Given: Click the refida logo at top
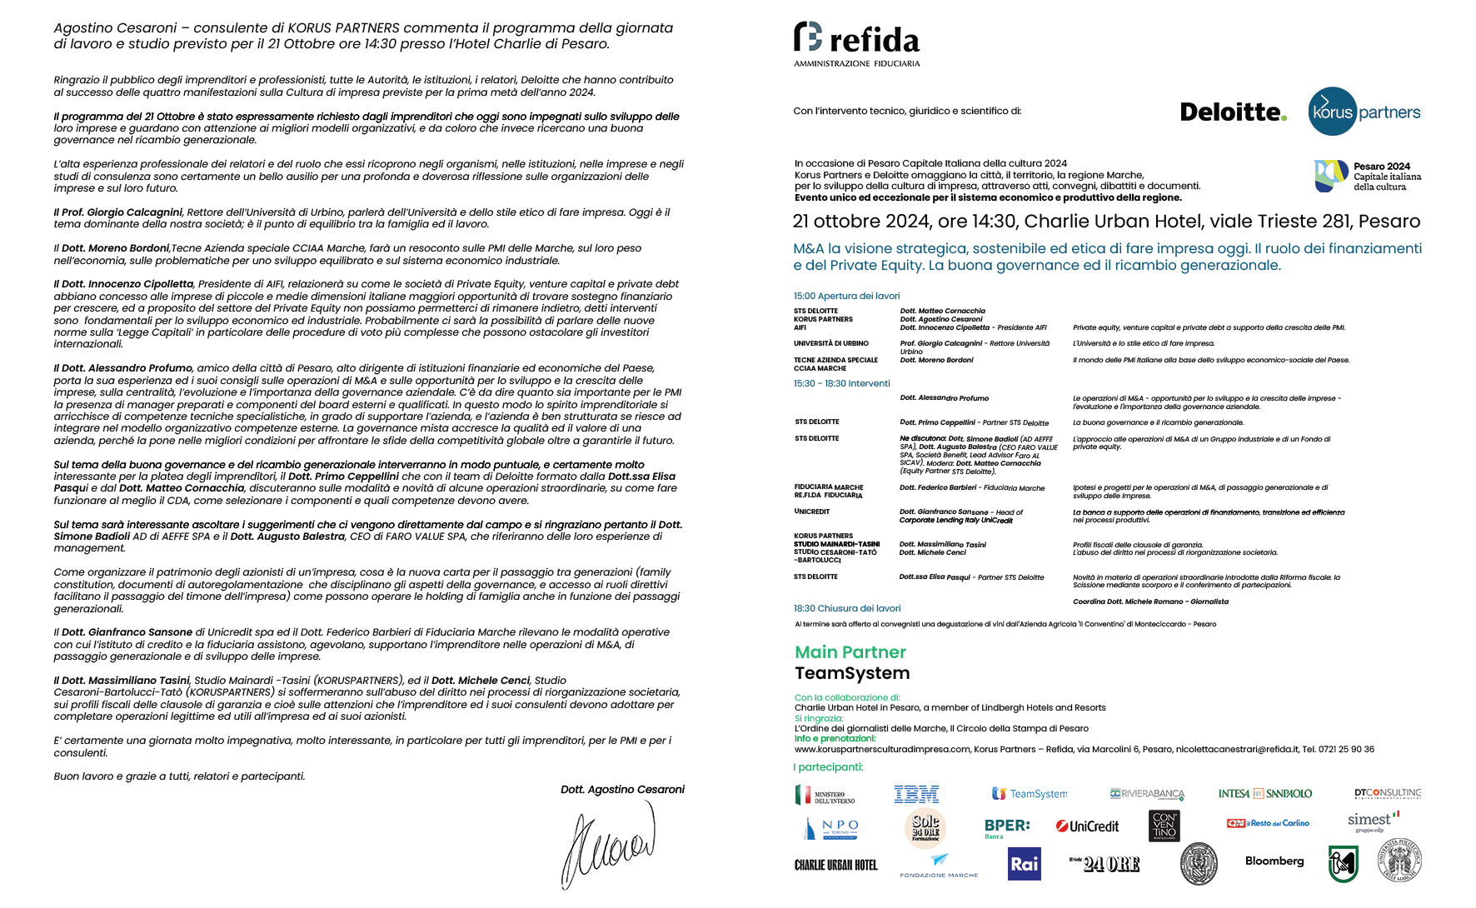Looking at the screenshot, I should click(856, 43).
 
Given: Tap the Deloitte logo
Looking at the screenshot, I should click(1233, 112).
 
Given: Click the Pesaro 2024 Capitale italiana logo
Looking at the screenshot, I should click(1368, 176).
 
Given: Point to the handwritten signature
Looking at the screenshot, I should click(608, 846).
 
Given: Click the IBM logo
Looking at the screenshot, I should click(916, 794).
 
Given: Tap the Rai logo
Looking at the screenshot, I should click(1025, 864).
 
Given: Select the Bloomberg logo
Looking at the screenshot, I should click(1274, 861).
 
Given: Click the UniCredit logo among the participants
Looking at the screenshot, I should click(1088, 826).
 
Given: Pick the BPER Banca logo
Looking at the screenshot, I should click(1006, 827).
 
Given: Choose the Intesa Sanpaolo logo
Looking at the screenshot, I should click(1264, 794).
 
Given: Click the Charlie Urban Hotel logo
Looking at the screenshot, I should click(835, 866).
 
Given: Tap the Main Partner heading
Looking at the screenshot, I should click(850, 652).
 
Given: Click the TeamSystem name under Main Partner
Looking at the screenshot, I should click(851, 673).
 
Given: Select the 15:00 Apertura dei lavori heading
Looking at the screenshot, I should click(846, 296).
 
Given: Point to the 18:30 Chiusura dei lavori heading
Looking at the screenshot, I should click(846, 608).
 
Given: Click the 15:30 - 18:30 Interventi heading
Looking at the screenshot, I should click(841, 383).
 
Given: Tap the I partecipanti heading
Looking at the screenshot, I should click(828, 767).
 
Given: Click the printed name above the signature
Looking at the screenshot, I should click(622, 790).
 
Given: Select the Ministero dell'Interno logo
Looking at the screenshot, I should click(825, 796).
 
